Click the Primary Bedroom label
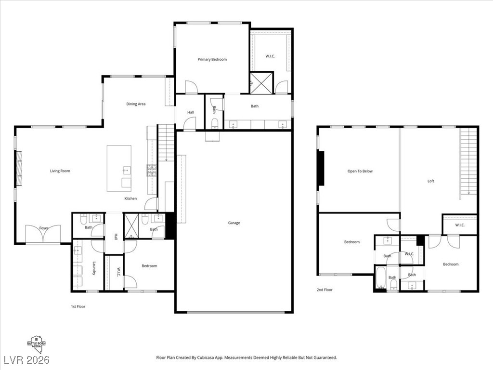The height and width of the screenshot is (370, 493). (x=212, y=60)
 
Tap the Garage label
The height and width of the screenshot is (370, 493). (x=234, y=223)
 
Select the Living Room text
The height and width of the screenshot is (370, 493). (x=60, y=171)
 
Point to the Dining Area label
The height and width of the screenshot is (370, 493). (x=136, y=104)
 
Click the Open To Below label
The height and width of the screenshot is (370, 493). (x=360, y=172)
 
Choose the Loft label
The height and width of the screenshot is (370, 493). (x=431, y=181)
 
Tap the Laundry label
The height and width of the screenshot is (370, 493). (x=94, y=268)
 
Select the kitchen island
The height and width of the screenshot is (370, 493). (x=119, y=169)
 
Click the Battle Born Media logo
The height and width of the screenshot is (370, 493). (x=39, y=344)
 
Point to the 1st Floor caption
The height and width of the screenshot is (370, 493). (x=78, y=306)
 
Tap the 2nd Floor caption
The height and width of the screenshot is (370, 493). (x=324, y=290)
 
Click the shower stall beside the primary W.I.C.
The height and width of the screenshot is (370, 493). (x=261, y=82)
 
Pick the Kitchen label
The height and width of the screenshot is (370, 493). (x=130, y=198)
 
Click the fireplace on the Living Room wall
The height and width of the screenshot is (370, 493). (x=19, y=169)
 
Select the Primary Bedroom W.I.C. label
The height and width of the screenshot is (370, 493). (x=271, y=56)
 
